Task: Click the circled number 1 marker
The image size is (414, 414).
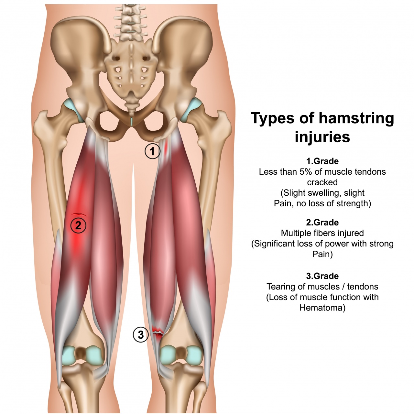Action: click(152, 151)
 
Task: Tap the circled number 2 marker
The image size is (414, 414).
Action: click(78, 225)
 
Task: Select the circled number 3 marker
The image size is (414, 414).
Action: click(141, 334)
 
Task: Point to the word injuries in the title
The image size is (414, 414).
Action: click(322, 137)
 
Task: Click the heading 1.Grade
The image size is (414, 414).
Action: click(322, 161)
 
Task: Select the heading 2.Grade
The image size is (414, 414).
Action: click(322, 222)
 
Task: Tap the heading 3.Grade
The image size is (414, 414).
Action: click(322, 276)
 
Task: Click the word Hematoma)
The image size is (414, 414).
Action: click(322, 308)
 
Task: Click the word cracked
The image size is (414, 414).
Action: click(322, 182)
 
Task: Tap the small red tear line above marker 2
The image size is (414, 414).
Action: click(79, 214)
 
